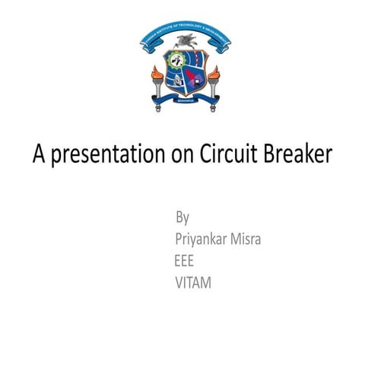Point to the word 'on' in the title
[179, 155]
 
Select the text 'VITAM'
[193, 283]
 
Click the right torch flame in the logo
[214, 74]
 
